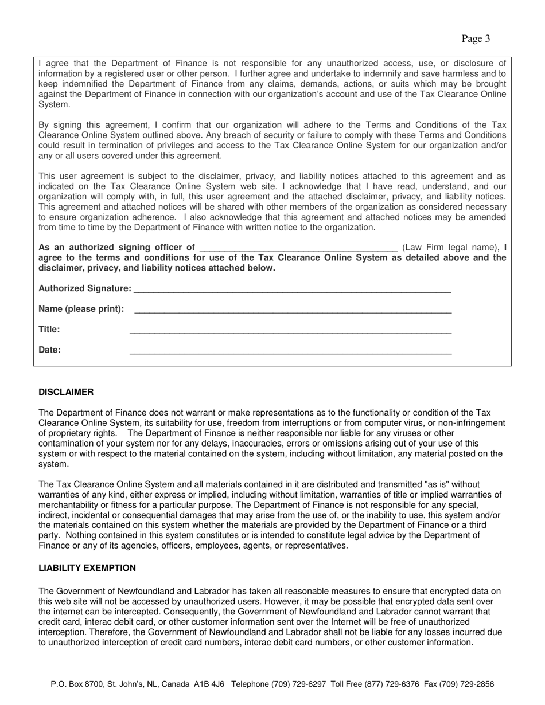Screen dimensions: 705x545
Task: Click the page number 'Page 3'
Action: tap(476, 39)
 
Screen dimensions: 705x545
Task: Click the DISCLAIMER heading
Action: tap(65, 392)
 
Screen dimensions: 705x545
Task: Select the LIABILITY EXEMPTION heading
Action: tap(87, 568)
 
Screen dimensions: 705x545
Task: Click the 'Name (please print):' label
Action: tap(81, 309)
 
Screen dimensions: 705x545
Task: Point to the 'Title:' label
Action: tap(49, 330)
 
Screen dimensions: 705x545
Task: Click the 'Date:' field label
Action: tap(49, 350)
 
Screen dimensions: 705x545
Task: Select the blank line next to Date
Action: tap(290, 352)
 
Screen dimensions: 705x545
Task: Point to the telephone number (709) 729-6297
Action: tap(301, 684)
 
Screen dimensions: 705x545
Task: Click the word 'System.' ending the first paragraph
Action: tap(53, 104)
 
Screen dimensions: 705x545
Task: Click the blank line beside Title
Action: tap(290, 332)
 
